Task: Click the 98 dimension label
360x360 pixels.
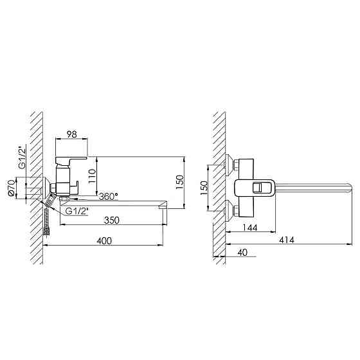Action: click(x=71, y=134)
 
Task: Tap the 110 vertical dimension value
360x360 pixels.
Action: click(x=92, y=176)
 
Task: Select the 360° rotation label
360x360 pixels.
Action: click(x=109, y=197)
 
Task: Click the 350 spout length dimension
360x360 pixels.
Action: click(x=112, y=220)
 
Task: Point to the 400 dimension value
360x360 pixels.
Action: click(x=104, y=241)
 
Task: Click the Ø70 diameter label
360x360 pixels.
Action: click(x=12, y=188)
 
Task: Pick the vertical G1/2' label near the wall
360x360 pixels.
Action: click(x=22, y=158)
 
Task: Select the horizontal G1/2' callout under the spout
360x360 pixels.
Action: click(x=77, y=211)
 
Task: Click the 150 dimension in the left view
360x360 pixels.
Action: click(x=180, y=182)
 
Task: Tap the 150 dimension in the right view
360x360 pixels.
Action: click(x=204, y=188)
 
